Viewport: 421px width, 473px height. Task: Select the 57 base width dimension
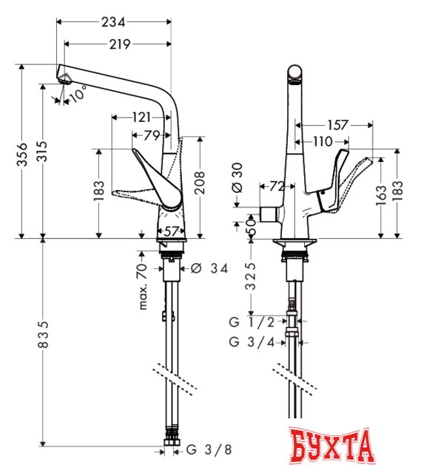[171, 231]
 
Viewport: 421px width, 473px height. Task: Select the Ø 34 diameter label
[208, 268]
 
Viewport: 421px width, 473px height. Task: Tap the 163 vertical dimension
[380, 196]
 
